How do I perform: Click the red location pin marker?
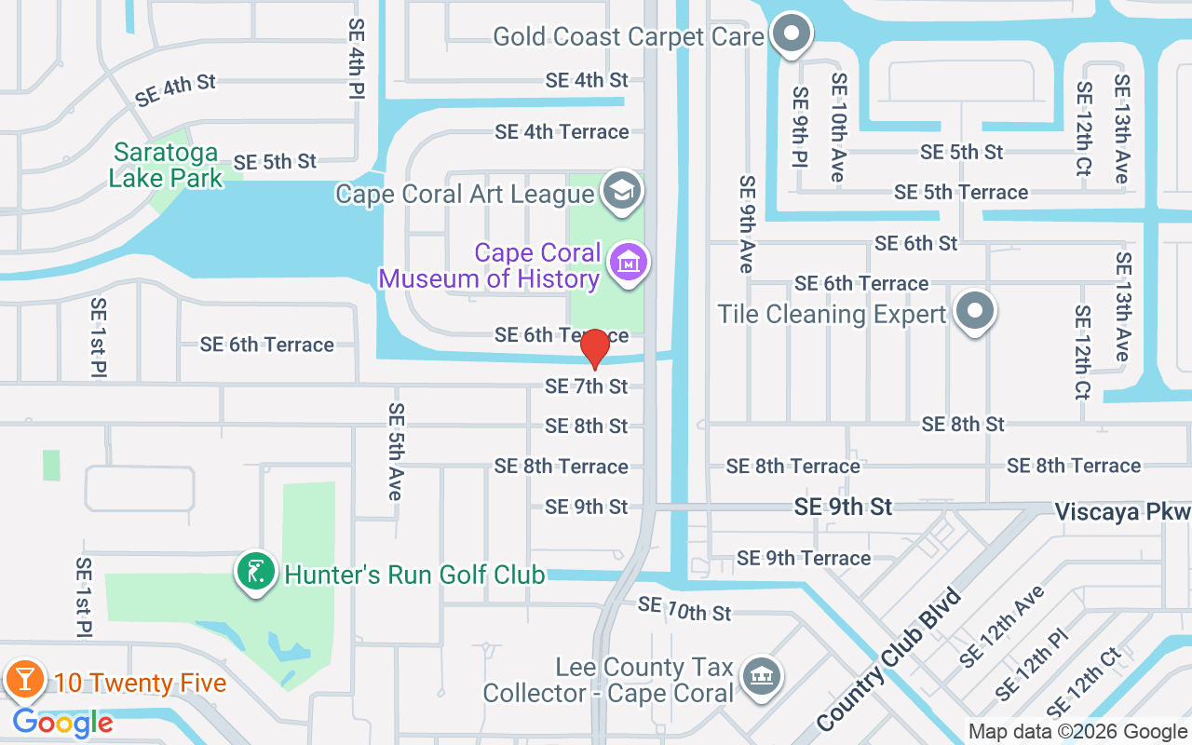[x=594, y=349]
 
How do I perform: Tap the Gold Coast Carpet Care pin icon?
[x=792, y=34]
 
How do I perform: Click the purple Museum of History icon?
[x=629, y=263]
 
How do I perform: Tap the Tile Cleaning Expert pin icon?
[x=974, y=311]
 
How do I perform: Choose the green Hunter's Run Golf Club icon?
[x=255, y=572]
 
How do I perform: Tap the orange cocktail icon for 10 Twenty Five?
[x=24, y=681]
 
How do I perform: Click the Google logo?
[x=62, y=723]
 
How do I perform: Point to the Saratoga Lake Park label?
[x=166, y=165]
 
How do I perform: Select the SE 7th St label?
[x=587, y=386]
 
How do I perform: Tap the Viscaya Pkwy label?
[x=1122, y=512]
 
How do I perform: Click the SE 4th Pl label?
[x=356, y=58]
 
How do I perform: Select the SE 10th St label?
[x=684, y=609]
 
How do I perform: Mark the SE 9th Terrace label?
[x=804, y=558]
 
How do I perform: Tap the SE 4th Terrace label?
[x=562, y=132]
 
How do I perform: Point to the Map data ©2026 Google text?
[x=1077, y=732]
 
